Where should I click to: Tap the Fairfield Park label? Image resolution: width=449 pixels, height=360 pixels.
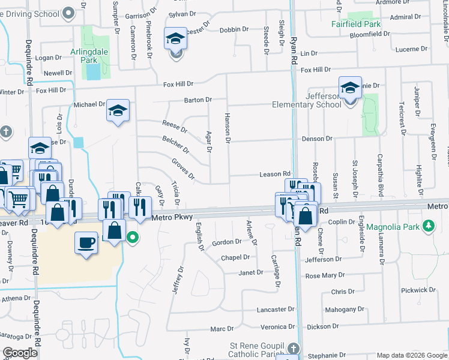tap(356, 25)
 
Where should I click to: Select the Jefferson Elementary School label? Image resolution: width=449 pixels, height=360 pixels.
tap(307, 100)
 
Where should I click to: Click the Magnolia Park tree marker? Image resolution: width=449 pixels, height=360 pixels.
tap(428, 226)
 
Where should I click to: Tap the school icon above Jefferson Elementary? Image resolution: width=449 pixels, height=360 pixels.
tap(350, 88)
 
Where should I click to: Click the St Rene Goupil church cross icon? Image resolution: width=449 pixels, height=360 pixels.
tap(292, 349)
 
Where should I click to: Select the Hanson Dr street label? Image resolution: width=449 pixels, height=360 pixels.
tap(228, 128)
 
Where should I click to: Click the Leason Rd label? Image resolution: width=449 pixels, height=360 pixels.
tap(274, 174)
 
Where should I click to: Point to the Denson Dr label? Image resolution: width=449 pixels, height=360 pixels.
tap(317, 139)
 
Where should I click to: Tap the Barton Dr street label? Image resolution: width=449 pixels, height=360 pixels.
tap(198, 100)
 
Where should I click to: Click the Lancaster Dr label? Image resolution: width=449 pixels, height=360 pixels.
tap(271, 310)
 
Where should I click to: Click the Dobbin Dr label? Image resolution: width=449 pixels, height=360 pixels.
tap(234, 29)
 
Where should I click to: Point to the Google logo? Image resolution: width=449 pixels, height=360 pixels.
tap(20, 353)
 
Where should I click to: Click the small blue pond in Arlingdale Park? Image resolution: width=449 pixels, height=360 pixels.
tap(94, 72)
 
